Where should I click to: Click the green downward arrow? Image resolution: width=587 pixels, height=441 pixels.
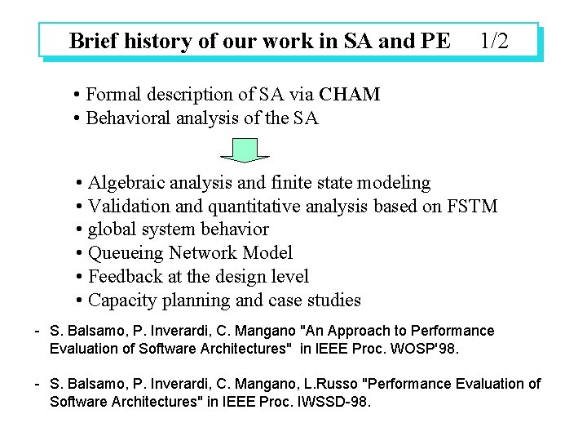(245, 149)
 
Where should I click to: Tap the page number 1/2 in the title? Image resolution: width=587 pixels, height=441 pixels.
(495, 41)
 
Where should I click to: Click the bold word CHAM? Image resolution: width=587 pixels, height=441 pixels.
(350, 94)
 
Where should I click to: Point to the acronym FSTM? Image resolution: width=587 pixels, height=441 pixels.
(472, 206)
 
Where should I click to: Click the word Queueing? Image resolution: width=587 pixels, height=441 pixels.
(122, 253)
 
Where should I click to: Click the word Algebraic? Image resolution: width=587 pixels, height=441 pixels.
(126, 182)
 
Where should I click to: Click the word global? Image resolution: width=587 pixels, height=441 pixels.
(112, 229)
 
